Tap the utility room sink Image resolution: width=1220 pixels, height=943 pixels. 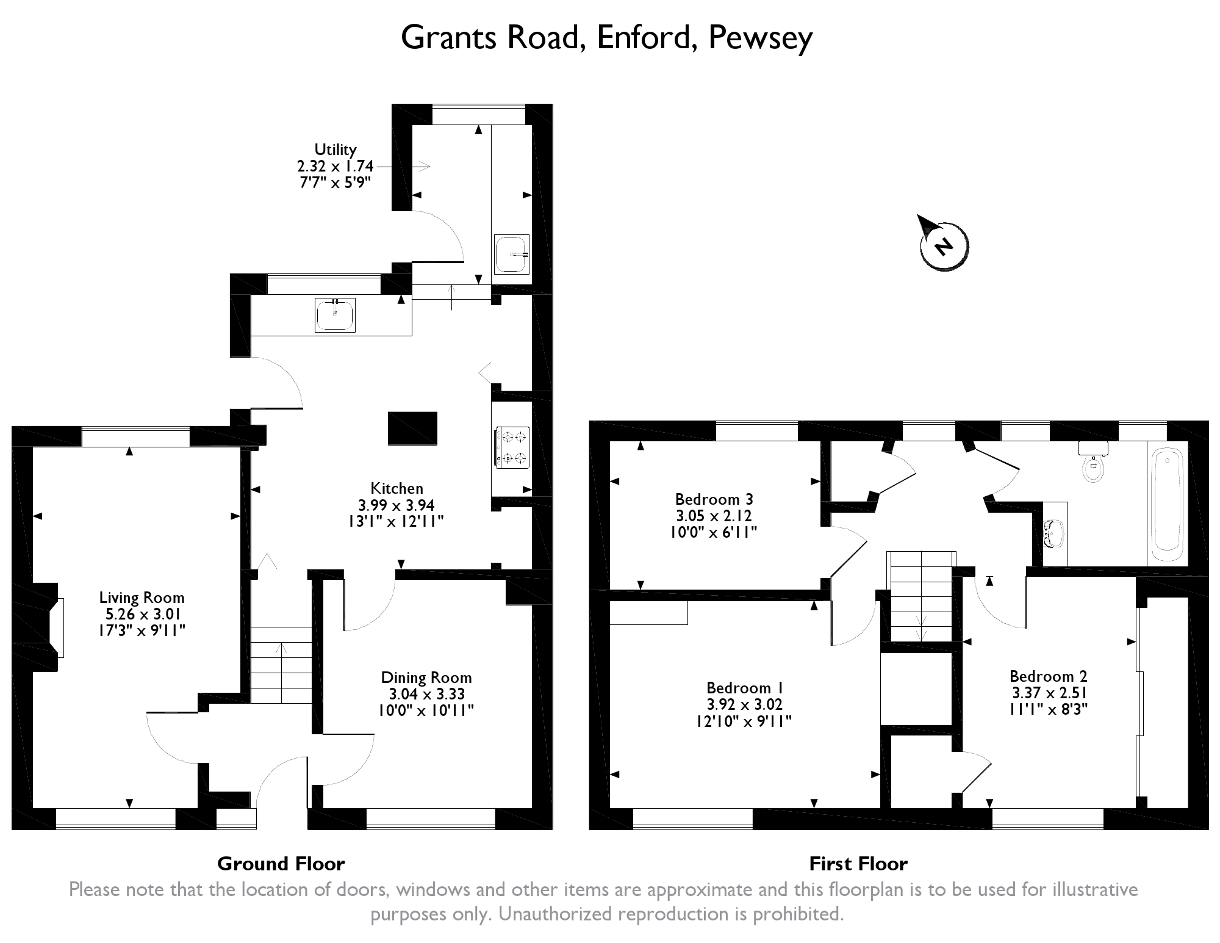pyautogui.click(x=511, y=254)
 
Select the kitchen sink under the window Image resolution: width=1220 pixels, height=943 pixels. pyautogui.click(x=335, y=315)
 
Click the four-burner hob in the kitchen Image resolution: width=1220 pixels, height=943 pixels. pyautogui.click(x=511, y=447)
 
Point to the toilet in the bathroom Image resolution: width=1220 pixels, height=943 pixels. pyautogui.click(x=1093, y=466)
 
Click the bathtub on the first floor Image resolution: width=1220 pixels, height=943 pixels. pyautogui.click(x=1168, y=504)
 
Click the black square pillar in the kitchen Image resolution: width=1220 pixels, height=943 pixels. pyautogui.click(x=412, y=427)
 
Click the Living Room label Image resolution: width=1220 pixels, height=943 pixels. pyautogui.click(x=142, y=598)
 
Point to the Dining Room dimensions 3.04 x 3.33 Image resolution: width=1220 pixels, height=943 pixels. pyautogui.click(x=426, y=694)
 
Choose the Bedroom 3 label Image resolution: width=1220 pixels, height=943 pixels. pyautogui.click(x=713, y=499)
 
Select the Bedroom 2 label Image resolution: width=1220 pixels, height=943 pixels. pyautogui.click(x=1048, y=676)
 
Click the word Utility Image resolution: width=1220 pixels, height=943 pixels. pyautogui.click(x=335, y=150)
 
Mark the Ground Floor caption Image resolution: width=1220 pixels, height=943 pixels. pyautogui.click(x=281, y=864)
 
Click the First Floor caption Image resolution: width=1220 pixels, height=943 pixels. pyautogui.click(x=858, y=864)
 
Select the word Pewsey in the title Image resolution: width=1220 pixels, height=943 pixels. pyautogui.click(x=760, y=38)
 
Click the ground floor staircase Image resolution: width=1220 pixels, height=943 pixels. pyautogui.click(x=281, y=665)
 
